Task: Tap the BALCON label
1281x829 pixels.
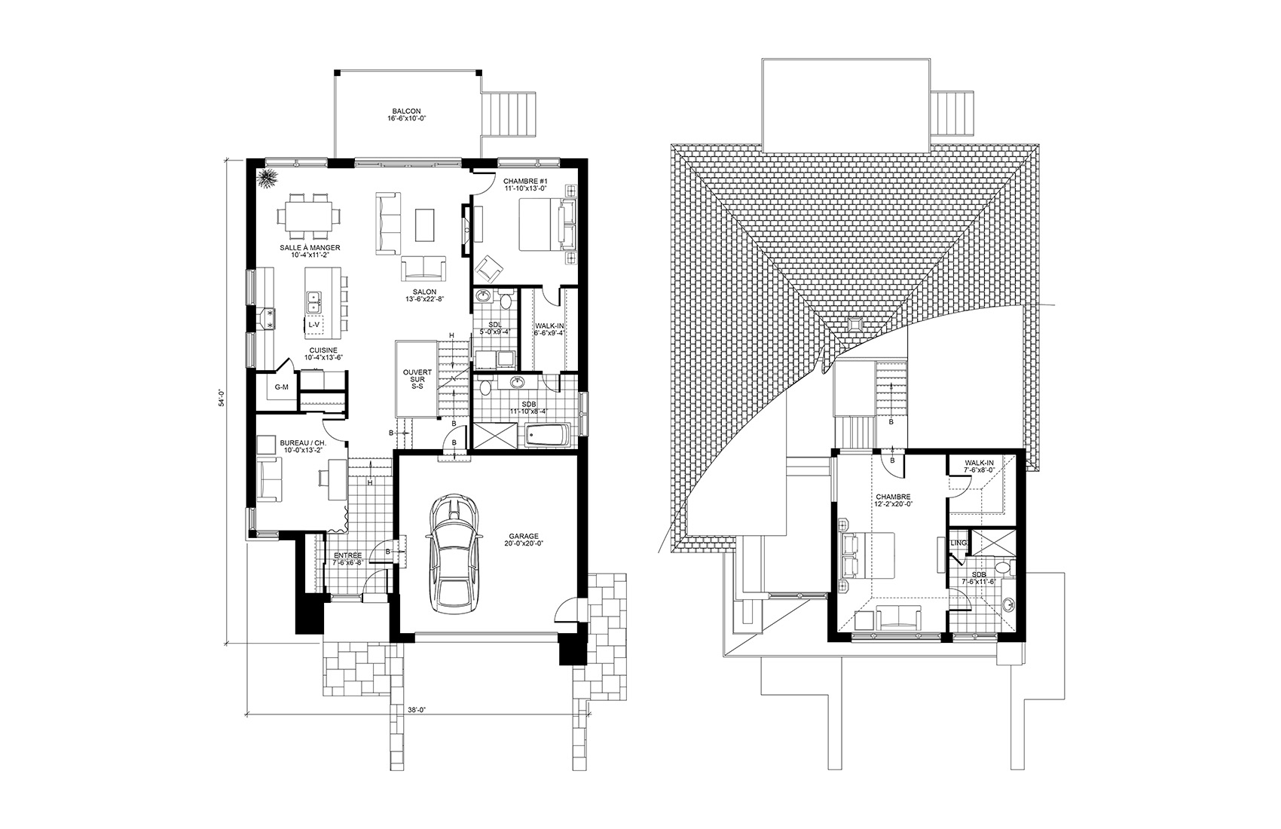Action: coord(407,111)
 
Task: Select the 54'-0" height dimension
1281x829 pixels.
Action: coord(221,398)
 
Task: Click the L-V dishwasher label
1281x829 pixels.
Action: coord(313,324)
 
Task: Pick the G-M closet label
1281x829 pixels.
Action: coord(281,387)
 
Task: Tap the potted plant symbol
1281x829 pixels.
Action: coord(267,179)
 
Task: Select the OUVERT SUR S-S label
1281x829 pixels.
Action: coord(417,379)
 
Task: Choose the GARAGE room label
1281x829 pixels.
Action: coord(523,536)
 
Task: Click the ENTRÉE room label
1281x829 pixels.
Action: coord(347,555)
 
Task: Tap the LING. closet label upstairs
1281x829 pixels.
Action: coord(958,543)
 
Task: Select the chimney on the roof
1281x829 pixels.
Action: coord(855,324)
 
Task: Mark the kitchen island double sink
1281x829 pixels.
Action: coord(313,301)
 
